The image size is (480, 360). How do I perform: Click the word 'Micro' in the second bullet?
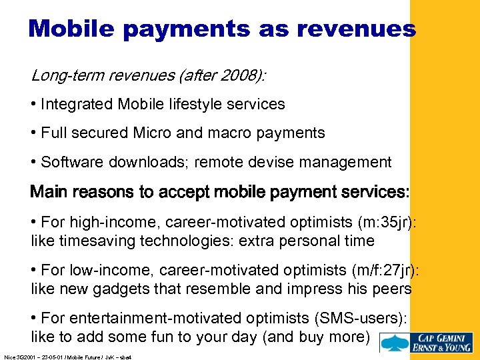(x=152, y=133)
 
